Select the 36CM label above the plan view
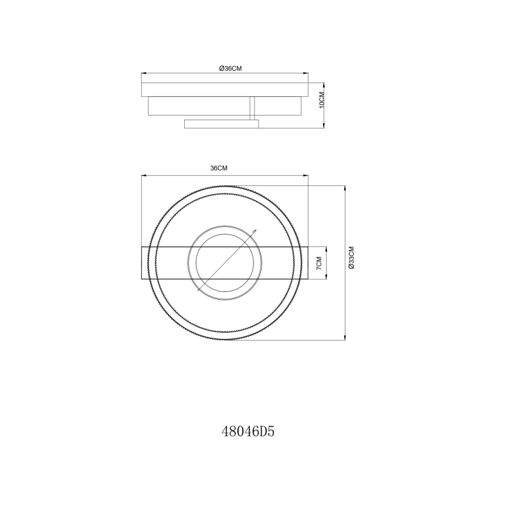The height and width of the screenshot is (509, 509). coord(219,168)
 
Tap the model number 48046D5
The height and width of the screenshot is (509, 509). coord(249,433)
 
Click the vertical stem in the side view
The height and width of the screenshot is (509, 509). coord(252,108)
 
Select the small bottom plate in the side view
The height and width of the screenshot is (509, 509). coord(221,123)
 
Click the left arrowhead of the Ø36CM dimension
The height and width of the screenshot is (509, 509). coord(144,74)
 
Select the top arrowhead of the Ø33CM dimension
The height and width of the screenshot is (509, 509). coord(345,188)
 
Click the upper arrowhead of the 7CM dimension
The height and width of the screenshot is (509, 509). coord(325,249)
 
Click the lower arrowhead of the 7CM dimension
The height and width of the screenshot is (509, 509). coord(325,279)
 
